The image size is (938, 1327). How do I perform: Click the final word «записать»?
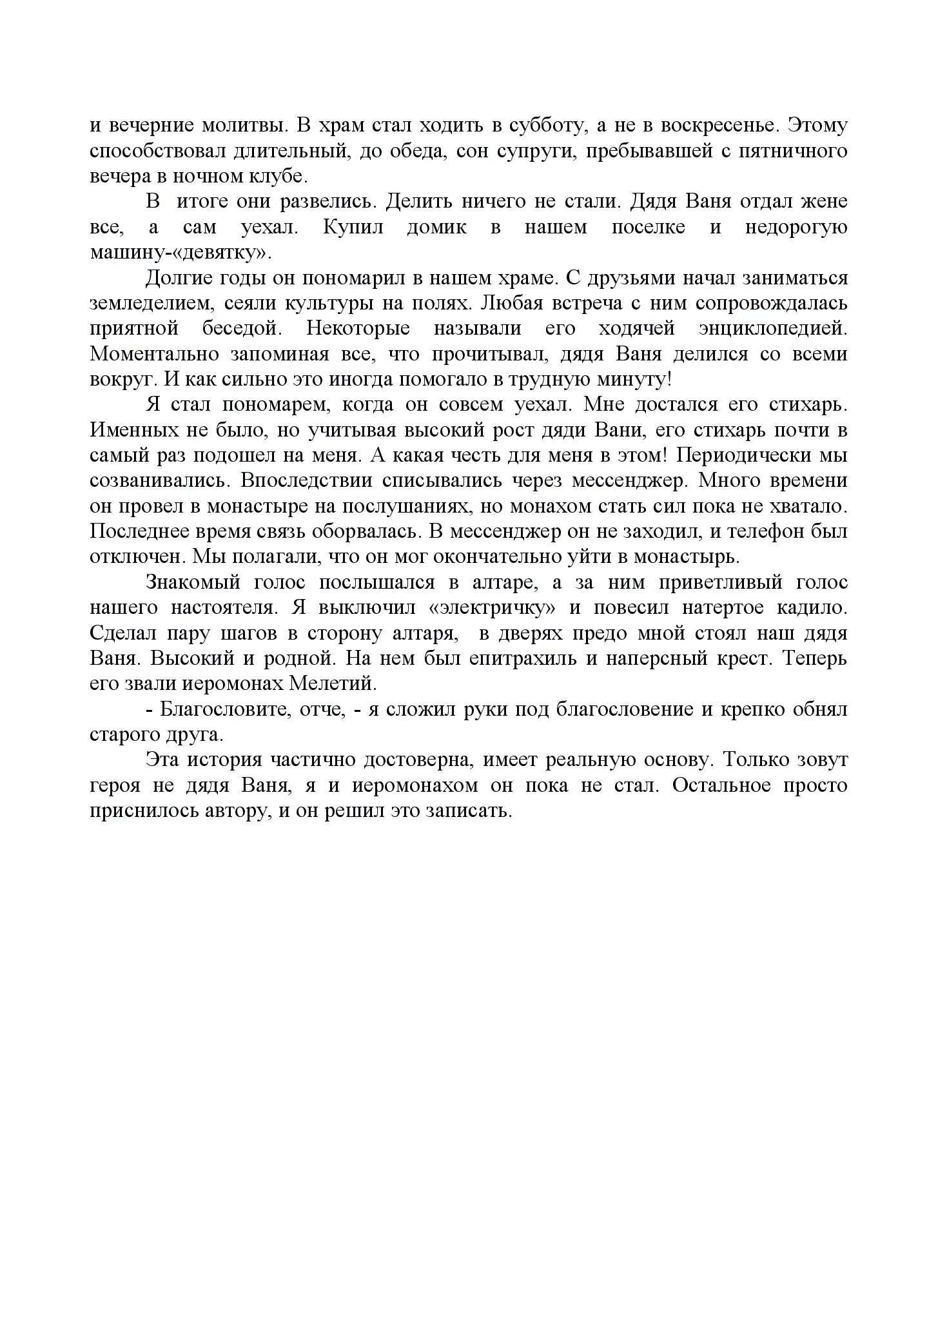pyautogui.click(x=470, y=811)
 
